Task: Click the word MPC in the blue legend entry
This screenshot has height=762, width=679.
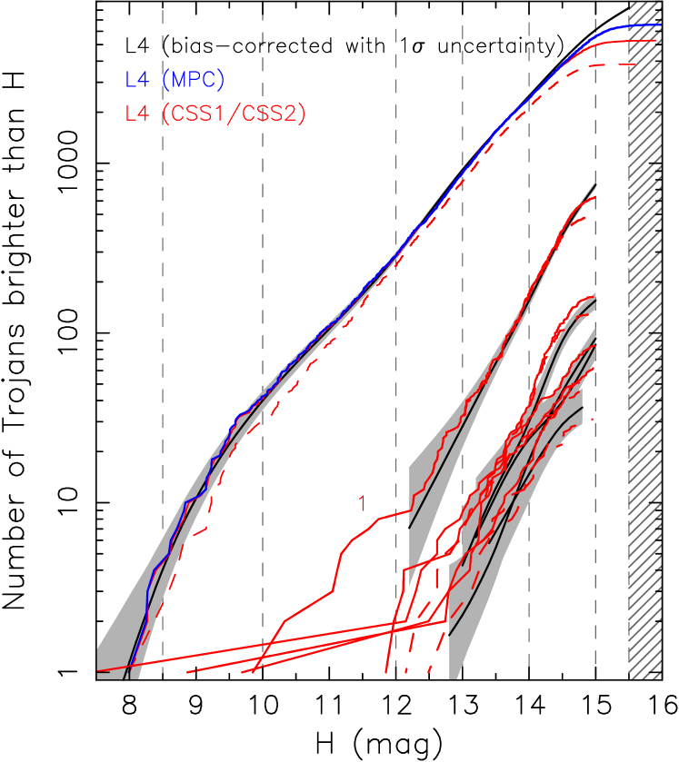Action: point(199,80)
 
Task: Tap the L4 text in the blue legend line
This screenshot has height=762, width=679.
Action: point(137,80)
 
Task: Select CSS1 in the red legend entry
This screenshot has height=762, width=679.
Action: point(200,114)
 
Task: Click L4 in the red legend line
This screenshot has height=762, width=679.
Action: point(137,114)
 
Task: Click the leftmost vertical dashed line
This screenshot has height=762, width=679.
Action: point(163,272)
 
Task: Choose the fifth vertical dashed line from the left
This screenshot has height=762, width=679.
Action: point(529,272)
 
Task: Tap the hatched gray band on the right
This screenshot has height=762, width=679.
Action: point(644,363)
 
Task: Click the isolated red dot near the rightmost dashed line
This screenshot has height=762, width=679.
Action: point(593,418)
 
